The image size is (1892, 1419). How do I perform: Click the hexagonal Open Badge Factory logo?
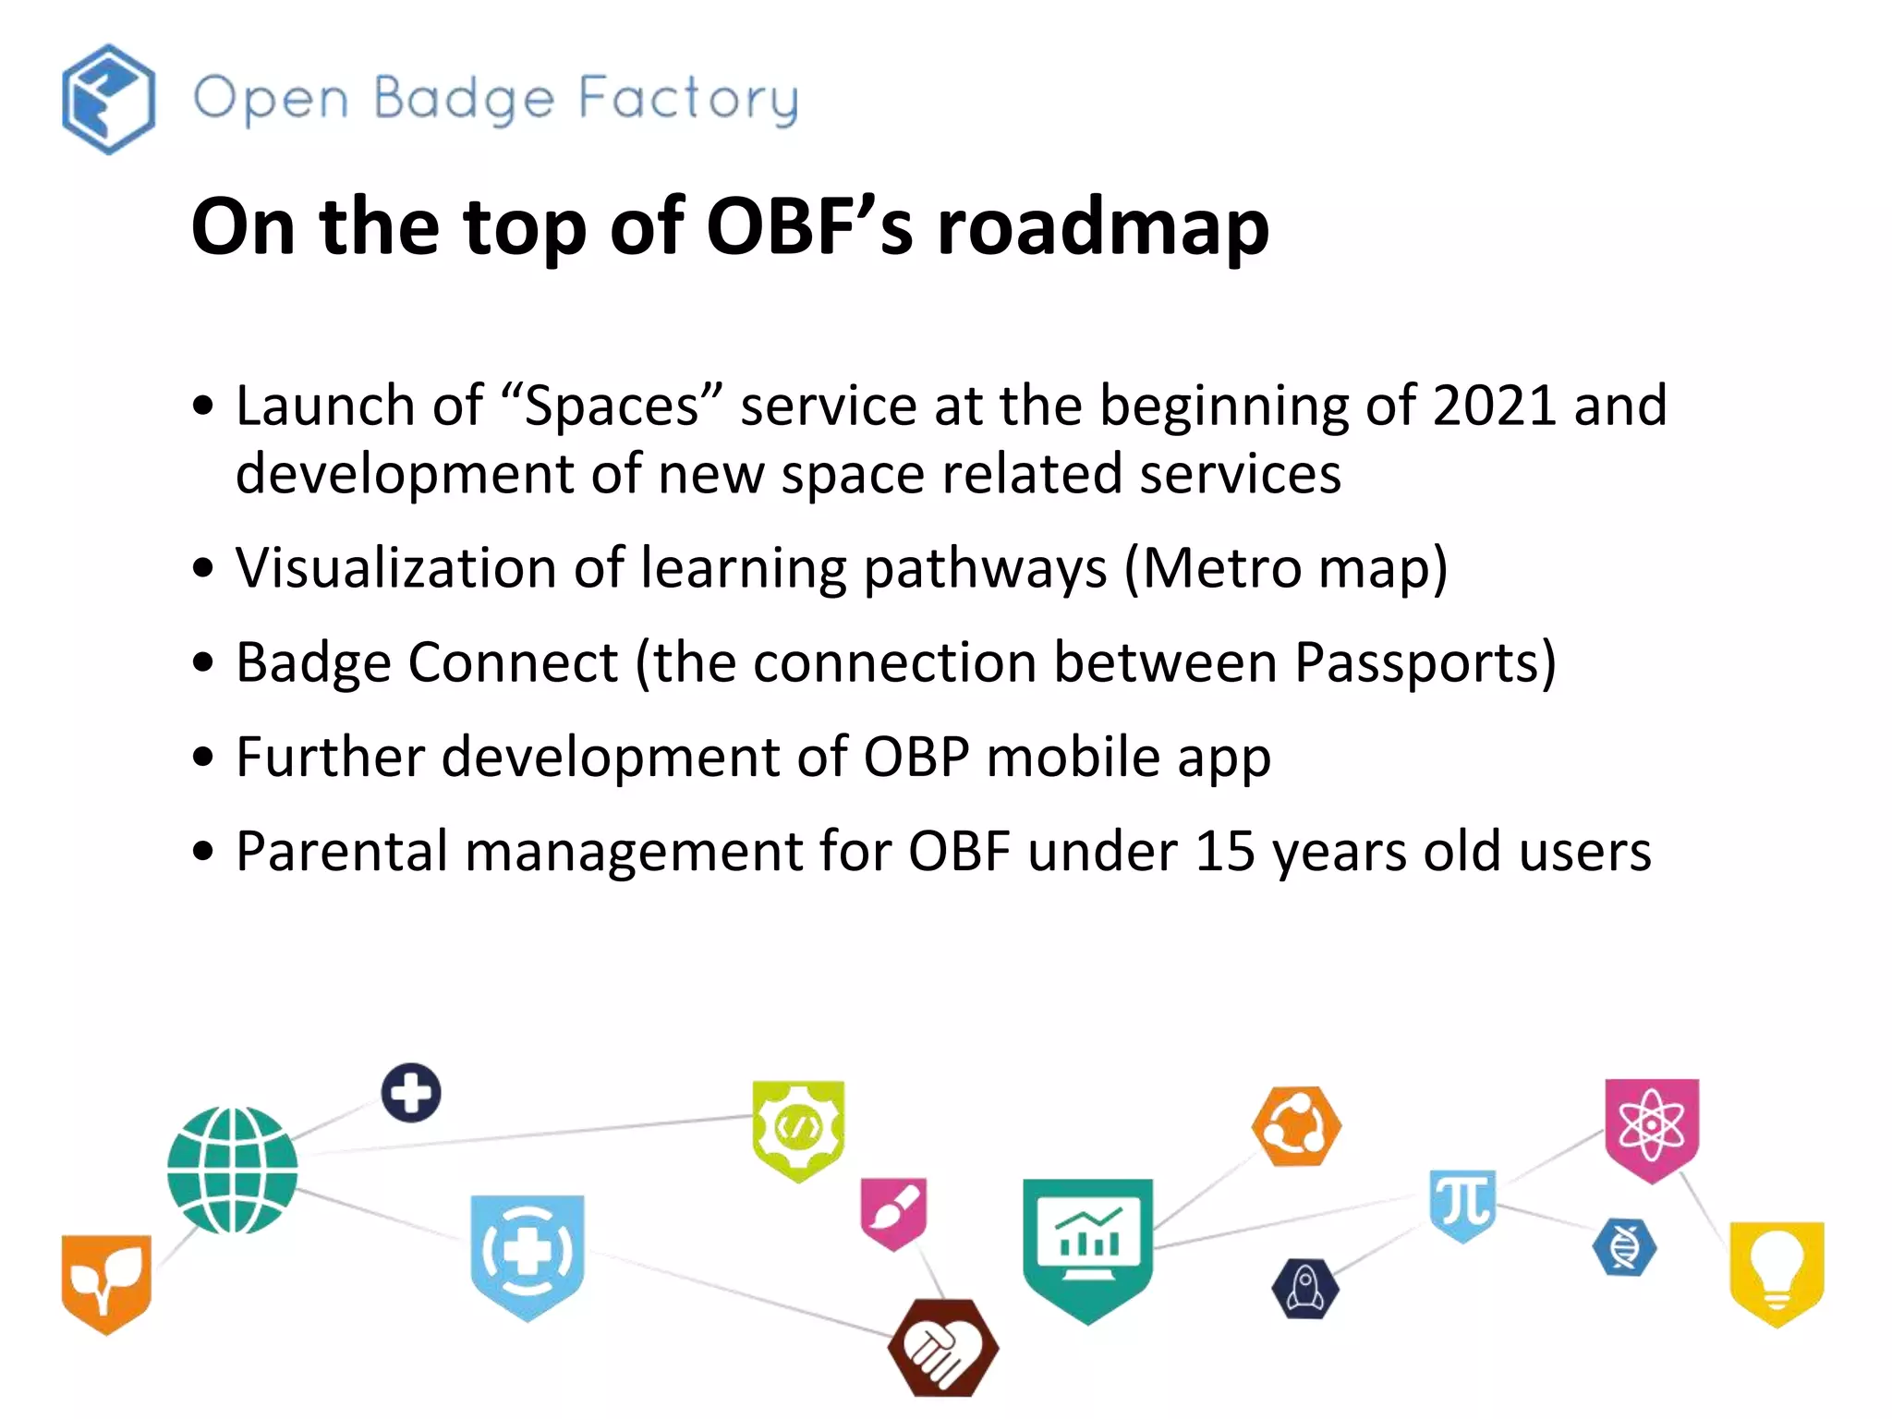[x=108, y=99]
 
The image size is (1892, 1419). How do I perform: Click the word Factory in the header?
[x=688, y=100]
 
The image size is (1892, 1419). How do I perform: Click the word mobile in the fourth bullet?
[x=1073, y=757]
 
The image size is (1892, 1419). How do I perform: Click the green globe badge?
[x=232, y=1170]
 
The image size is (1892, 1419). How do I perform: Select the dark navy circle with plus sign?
[x=411, y=1093]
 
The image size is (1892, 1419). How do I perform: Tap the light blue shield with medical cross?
[x=527, y=1255]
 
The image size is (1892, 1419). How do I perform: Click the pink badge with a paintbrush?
[x=893, y=1211]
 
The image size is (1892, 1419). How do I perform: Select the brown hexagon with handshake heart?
[x=942, y=1347]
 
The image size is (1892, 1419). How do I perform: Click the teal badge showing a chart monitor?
[x=1087, y=1245]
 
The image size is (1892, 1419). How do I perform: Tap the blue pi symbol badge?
[x=1462, y=1203]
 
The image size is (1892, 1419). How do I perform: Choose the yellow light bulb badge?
[x=1776, y=1270]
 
